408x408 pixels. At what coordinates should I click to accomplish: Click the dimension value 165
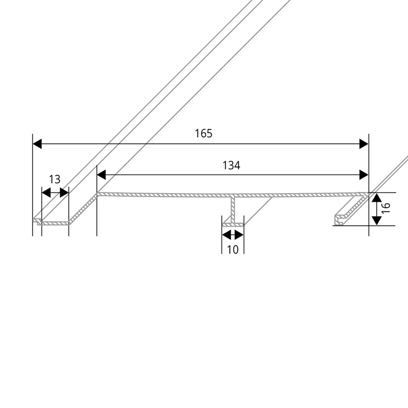click(x=204, y=134)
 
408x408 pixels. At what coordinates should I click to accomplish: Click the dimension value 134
click(x=231, y=166)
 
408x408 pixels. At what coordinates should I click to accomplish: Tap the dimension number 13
click(x=54, y=180)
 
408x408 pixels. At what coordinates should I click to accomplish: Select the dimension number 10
click(x=233, y=249)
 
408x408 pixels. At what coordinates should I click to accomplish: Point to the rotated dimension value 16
click(x=386, y=209)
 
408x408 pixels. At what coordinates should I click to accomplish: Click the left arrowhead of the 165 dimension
click(x=37, y=144)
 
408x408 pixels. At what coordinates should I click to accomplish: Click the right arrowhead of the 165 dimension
click(x=364, y=144)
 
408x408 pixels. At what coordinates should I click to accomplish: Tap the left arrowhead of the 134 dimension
click(x=102, y=175)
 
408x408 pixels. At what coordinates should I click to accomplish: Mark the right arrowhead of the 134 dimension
click(x=364, y=175)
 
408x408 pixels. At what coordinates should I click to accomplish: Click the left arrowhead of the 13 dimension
click(x=45, y=193)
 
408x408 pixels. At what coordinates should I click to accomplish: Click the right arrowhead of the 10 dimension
click(x=240, y=235)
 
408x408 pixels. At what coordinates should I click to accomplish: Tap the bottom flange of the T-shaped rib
click(x=233, y=224)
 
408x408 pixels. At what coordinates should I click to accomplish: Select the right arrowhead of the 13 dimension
click(x=64, y=193)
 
